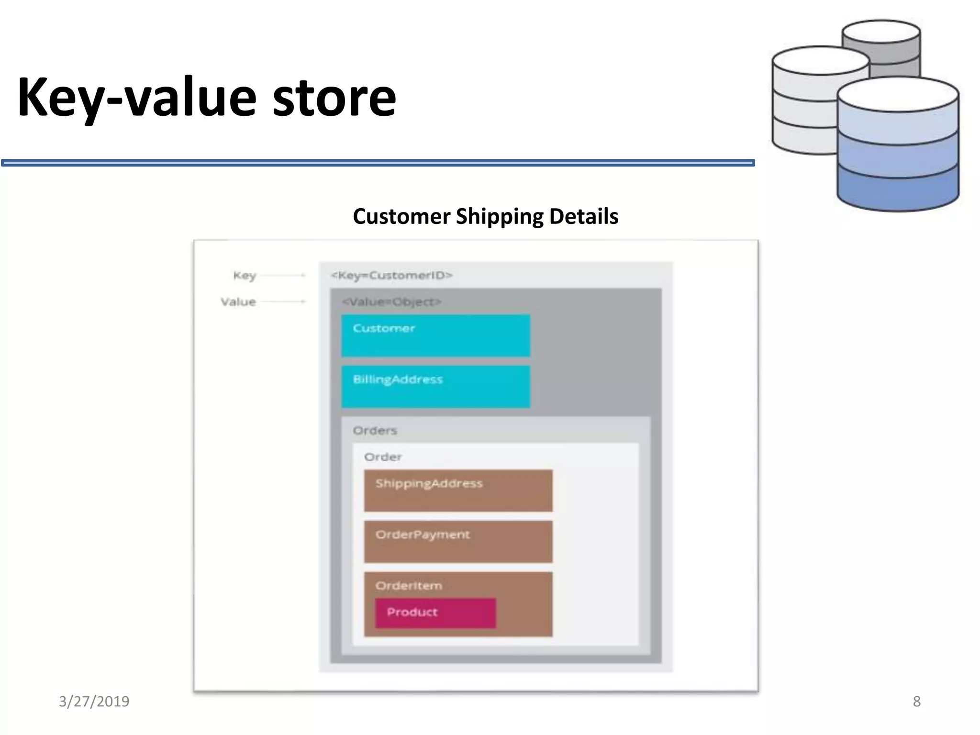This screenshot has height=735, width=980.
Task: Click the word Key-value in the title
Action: [x=136, y=98]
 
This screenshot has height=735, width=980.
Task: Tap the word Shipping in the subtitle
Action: [x=500, y=216]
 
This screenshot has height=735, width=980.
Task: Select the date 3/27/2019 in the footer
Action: [x=94, y=702]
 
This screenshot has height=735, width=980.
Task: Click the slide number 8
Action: [x=916, y=702]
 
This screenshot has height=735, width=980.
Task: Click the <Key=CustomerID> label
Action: [x=391, y=275]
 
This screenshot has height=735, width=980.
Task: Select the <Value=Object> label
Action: [x=391, y=302]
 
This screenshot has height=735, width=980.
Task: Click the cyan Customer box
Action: [x=435, y=335]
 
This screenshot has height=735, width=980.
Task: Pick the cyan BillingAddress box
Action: [x=435, y=387]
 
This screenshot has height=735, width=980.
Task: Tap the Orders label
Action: [x=375, y=431]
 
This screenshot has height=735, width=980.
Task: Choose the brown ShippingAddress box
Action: [x=458, y=490]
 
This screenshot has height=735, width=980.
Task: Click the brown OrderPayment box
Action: [x=458, y=542]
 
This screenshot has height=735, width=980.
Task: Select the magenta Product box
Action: [x=435, y=612]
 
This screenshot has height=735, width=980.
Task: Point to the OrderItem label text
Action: [x=409, y=586]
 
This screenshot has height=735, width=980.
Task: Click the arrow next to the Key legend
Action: [x=283, y=275]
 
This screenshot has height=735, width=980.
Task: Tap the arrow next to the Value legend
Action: [x=283, y=301]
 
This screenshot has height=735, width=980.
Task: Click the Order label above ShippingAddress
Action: [x=383, y=457]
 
